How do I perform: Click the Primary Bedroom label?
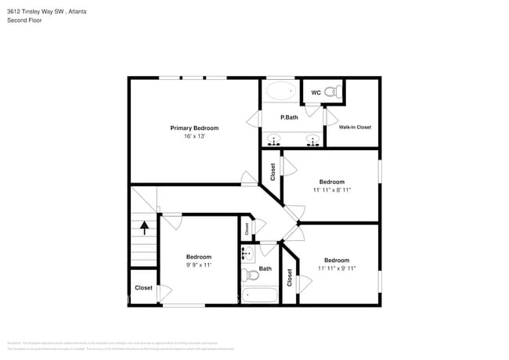click(194, 128)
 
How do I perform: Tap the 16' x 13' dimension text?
click(194, 136)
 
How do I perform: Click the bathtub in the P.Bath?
click(280, 92)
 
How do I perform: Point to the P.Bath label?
click(290, 117)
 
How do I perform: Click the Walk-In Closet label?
click(355, 127)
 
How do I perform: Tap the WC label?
click(316, 93)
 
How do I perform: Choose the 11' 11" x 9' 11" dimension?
click(337, 268)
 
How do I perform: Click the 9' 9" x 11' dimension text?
click(199, 265)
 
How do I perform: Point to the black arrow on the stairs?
click(144, 227)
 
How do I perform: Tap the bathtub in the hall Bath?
click(260, 295)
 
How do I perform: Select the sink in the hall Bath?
click(247, 253)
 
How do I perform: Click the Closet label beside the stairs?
click(143, 288)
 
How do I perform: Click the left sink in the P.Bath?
click(274, 141)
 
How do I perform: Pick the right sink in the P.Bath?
click(312, 141)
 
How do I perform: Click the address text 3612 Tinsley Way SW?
click(35, 11)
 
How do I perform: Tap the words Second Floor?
click(24, 20)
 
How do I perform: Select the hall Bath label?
click(265, 268)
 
